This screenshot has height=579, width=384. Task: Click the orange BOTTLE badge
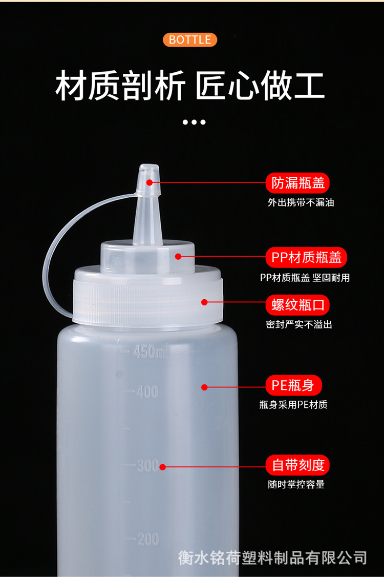[190, 40]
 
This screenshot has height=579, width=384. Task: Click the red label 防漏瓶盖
[298, 183]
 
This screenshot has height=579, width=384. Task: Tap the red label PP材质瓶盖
[306, 257]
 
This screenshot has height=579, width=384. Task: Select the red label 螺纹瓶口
[297, 305]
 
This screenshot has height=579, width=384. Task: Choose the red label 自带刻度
[297, 465]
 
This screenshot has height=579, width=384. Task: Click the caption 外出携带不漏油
[301, 202]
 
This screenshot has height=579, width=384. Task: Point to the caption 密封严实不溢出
[299, 324]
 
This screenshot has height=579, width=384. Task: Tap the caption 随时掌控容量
[296, 484]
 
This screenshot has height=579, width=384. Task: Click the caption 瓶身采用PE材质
[293, 405]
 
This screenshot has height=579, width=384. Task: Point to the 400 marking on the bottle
[147, 392]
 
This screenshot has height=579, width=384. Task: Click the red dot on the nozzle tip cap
[150, 182]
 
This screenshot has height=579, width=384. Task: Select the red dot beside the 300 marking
[162, 466]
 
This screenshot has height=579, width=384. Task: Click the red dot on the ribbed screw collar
[204, 302]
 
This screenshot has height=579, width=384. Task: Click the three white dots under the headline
[194, 122]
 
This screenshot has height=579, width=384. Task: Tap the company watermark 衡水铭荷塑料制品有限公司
[272, 557]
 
